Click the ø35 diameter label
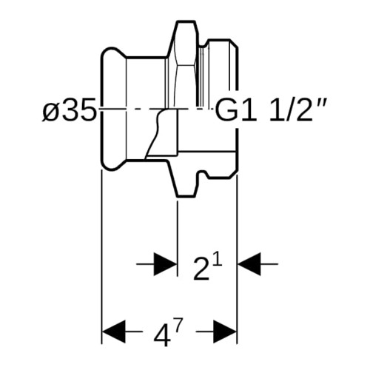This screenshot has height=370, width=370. (x=69, y=110)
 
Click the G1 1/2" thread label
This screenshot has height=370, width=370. (x=271, y=109)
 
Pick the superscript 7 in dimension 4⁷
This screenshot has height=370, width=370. (x=179, y=325)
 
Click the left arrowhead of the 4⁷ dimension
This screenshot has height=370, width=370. (x=114, y=332)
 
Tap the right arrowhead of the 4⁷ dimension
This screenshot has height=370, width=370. (x=225, y=332)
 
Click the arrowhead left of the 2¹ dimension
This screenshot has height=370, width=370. (x=166, y=264)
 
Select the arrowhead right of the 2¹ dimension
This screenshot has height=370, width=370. (x=249, y=264)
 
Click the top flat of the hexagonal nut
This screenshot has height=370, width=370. (x=186, y=22)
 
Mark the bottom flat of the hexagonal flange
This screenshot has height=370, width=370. (x=186, y=196)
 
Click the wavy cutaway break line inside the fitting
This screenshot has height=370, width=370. (x=155, y=133)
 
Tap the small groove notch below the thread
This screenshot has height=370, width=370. (x=203, y=174)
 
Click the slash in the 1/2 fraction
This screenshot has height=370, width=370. (x=290, y=110)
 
